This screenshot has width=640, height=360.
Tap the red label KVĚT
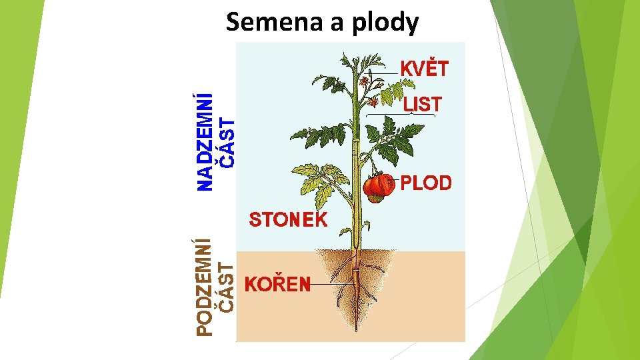point(424,68)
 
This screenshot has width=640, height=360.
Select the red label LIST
point(422,104)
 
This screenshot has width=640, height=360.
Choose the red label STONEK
point(288,220)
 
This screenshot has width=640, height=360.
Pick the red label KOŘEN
point(279,285)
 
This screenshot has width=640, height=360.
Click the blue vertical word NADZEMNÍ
point(207,143)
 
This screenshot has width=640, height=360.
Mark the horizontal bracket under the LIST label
point(400,115)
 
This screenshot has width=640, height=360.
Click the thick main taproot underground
point(357,287)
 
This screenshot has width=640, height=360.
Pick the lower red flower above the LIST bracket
point(374,103)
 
